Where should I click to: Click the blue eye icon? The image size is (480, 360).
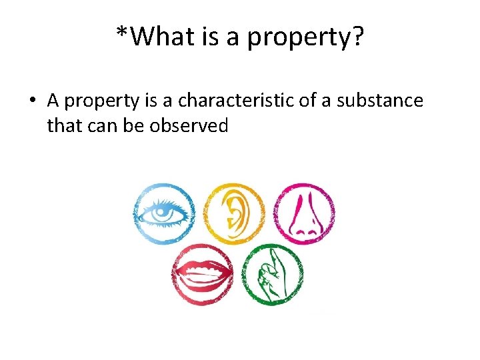pos(164,213)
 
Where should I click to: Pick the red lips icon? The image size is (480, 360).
pos(202,273)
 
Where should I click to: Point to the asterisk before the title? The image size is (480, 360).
pos(122,33)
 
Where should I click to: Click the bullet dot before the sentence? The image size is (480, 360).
pos(31,101)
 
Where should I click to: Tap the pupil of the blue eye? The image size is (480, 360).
pos(162,213)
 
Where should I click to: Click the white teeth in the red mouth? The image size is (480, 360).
pos(202,273)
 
